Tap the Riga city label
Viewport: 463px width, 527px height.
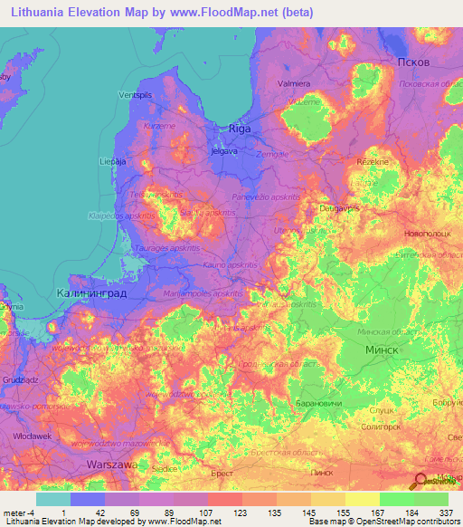[x=239, y=129]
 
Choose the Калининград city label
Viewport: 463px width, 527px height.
[x=91, y=294]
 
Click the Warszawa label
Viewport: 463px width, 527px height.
[x=111, y=464]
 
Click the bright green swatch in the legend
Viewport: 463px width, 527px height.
[x=396, y=499]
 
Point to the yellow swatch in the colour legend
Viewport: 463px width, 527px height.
[x=362, y=499]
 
